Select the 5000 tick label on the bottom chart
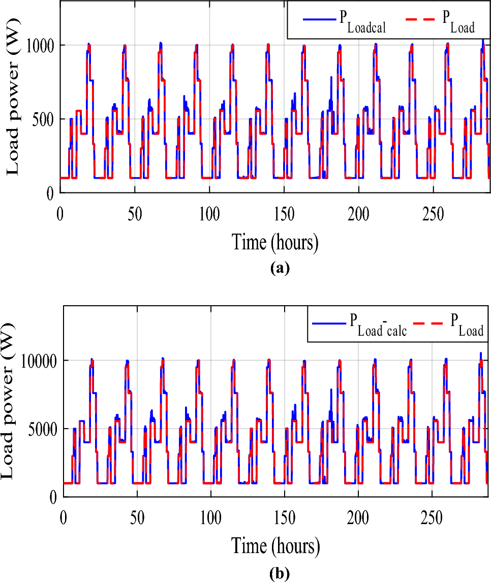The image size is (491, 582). tap(42, 429)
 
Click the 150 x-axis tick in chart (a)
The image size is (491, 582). tap(284, 213)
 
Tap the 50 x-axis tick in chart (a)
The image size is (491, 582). tap(135, 213)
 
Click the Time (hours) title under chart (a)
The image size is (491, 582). tap(275, 242)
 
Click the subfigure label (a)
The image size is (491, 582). tap(280, 268)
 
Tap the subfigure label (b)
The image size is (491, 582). tap(280, 574)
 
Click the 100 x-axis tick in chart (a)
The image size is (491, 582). tap(209, 213)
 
